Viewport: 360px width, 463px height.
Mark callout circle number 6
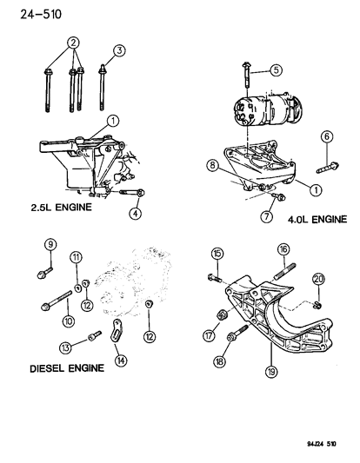(x=326, y=136)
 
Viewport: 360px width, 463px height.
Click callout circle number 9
(x=50, y=245)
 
